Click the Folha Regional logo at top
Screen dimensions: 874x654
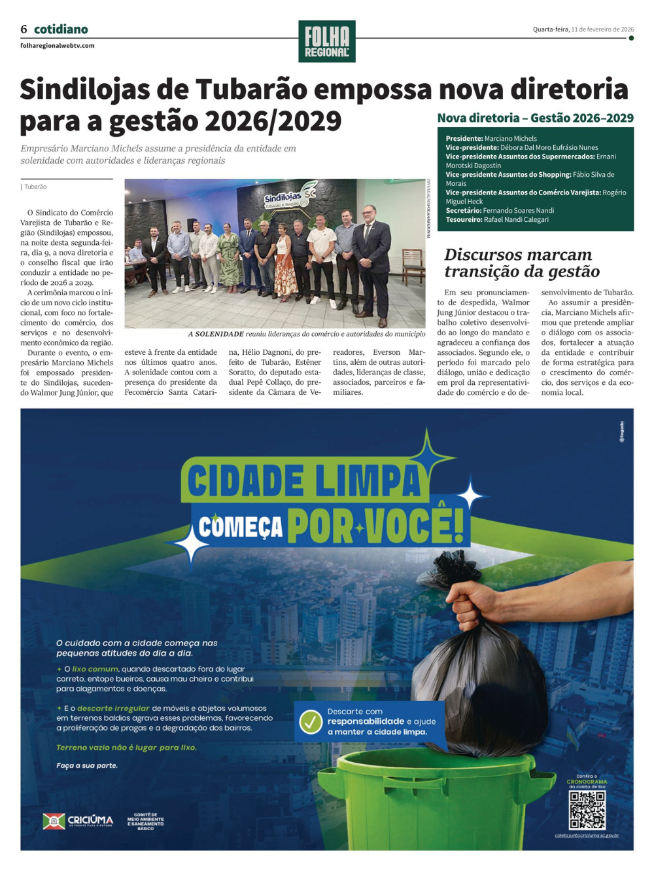326,41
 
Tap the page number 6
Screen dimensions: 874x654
24,29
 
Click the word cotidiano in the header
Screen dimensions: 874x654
61,29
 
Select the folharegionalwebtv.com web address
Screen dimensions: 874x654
58,46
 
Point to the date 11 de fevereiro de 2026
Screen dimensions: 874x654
602,29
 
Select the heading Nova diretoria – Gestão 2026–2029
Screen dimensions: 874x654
535,118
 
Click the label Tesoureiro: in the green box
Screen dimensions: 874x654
464,220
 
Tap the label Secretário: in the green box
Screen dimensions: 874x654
464,211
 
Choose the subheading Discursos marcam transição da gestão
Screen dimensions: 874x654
521,263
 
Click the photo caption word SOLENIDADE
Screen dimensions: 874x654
219,334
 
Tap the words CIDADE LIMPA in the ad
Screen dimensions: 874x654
304,481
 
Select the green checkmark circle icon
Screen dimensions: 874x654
311,721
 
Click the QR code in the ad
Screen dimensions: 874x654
587,810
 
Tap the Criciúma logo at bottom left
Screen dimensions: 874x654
78,821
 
